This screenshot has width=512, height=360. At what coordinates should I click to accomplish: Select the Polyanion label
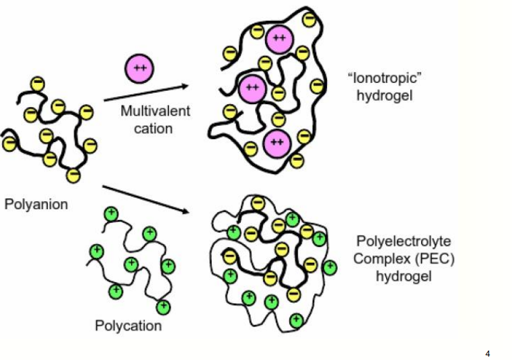click(36, 204)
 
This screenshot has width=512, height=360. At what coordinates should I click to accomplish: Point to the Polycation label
click(129, 326)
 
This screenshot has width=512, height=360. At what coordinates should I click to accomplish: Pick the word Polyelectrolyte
click(403, 241)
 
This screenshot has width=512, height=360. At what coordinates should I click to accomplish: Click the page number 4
click(488, 353)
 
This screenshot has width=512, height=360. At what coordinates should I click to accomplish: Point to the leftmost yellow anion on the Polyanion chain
click(9, 143)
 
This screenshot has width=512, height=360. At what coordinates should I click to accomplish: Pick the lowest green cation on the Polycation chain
click(162, 307)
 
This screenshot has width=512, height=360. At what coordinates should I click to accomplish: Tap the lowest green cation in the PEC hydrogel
click(295, 320)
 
